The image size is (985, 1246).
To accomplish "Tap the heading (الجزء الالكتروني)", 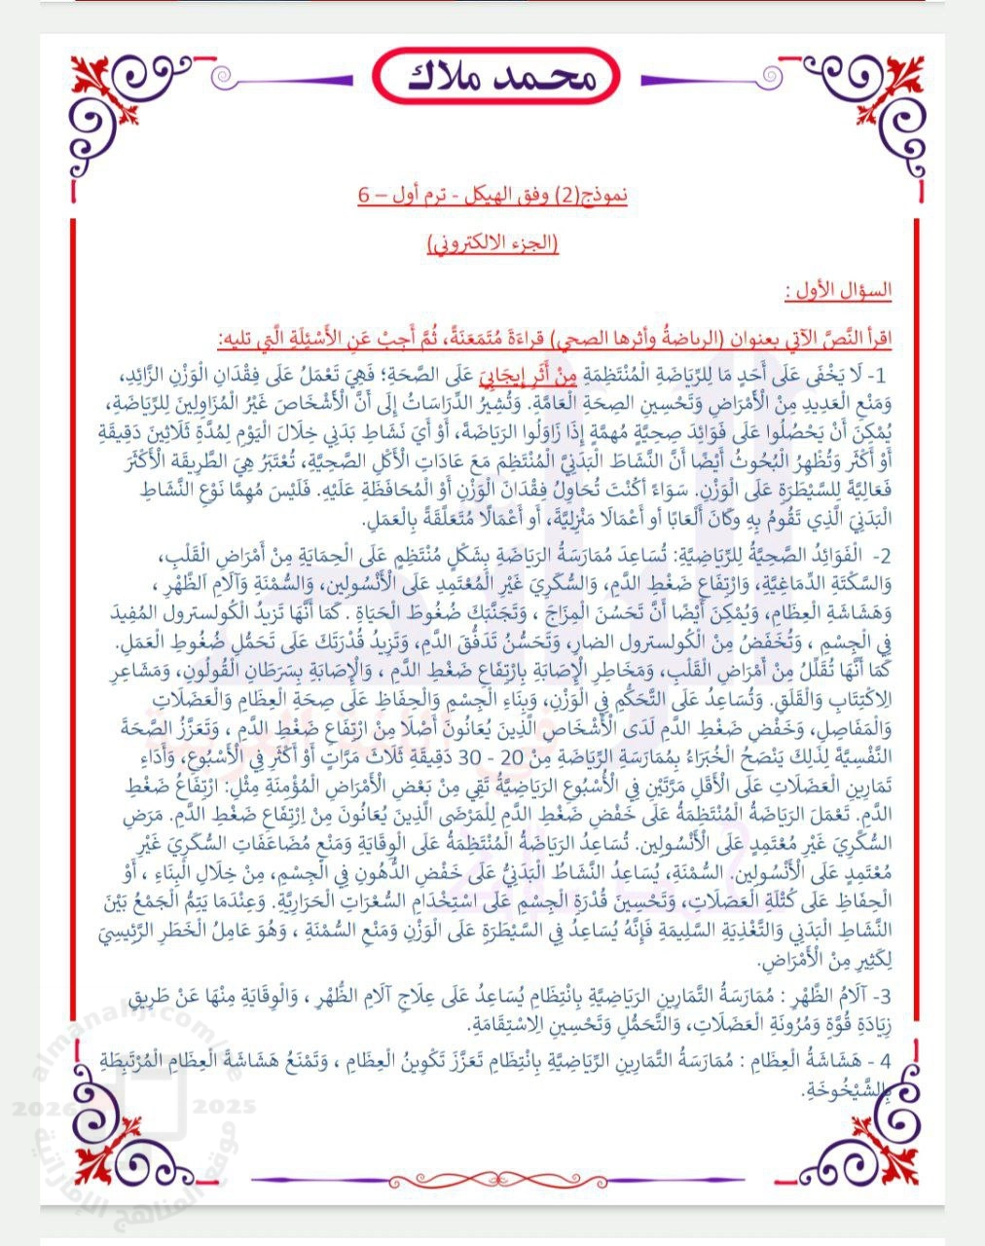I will click(493, 242).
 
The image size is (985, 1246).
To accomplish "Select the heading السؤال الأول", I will click(838, 290).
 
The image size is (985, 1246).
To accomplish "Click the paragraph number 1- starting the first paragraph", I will click(877, 375).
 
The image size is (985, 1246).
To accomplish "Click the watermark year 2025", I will click(225, 1107).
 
